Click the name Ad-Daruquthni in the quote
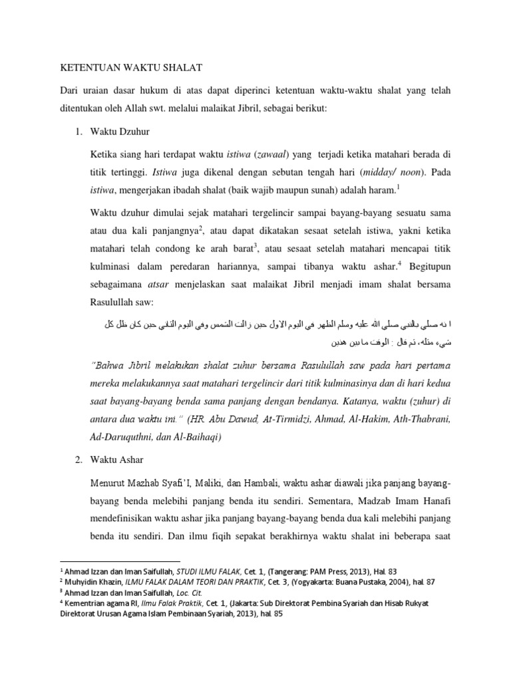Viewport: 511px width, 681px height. (x=118, y=438)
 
